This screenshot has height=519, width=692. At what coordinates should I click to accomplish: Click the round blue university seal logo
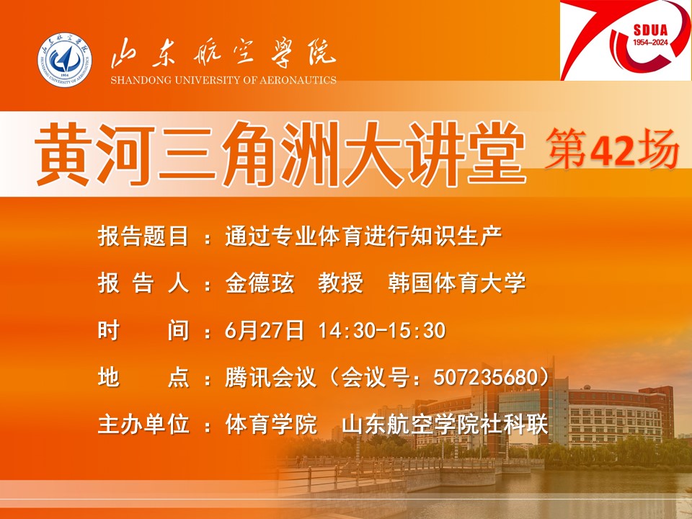tap(65, 60)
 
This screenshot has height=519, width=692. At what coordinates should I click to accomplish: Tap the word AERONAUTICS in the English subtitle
tap(298, 80)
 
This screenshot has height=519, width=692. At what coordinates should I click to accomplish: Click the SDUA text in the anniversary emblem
tap(650, 31)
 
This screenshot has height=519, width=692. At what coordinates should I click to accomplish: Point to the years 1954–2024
tap(650, 43)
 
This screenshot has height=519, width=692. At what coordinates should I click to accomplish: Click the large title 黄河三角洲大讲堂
tap(280, 153)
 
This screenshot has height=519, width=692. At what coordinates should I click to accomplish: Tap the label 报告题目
tap(143, 236)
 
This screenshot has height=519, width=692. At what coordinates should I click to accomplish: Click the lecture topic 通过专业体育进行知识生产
tap(363, 236)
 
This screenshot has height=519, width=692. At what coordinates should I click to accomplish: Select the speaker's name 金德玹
tap(259, 283)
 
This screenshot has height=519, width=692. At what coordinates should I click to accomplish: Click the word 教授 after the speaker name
tap(341, 283)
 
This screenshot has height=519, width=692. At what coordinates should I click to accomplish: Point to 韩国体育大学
tap(457, 283)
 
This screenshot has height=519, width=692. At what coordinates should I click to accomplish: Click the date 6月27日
tap(265, 331)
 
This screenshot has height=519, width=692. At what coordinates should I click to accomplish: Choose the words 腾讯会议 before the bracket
tap(271, 377)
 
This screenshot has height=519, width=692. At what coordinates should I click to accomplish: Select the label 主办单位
tap(143, 424)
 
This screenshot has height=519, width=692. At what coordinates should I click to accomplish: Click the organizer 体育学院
tap(271, 424)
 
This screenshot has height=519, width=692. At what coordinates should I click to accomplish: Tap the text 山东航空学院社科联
tap(445, 424)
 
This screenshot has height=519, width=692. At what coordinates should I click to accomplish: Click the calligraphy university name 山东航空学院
tap(223, 53)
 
